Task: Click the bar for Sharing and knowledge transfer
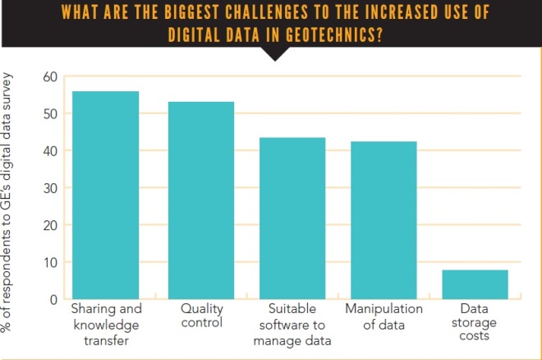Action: [x=105, y=195]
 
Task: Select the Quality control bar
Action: [x=200, y=201]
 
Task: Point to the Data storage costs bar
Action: [x=475, y=284]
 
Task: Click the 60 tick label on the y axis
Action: [x=51, y=77]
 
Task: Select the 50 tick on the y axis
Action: [x=51, y=113]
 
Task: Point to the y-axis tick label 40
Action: [x=51, y=151]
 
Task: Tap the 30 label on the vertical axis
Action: [x=51, y=188]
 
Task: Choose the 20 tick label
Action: [x=51, y=225]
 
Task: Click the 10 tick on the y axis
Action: [x=51, y=263]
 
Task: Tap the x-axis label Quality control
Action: [x=200, y=316]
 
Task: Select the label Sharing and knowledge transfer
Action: [x=106, y=325]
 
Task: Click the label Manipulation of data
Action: [x=384, y=316]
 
